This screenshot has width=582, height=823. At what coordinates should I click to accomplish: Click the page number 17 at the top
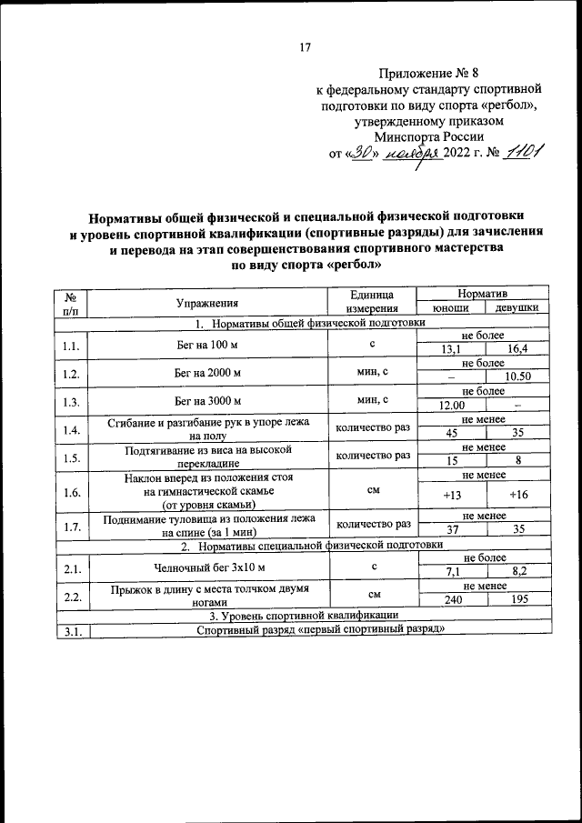[x=306, y=48]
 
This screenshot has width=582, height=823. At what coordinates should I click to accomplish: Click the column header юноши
[x=450, y=308]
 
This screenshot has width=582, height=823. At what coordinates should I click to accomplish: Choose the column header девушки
[x=517, y=308]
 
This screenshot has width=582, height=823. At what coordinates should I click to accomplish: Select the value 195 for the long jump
[x=517, y=600]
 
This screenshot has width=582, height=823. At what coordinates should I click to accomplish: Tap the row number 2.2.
[x=72, y=596]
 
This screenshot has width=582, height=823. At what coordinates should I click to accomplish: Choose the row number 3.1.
[x=72, y=630]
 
